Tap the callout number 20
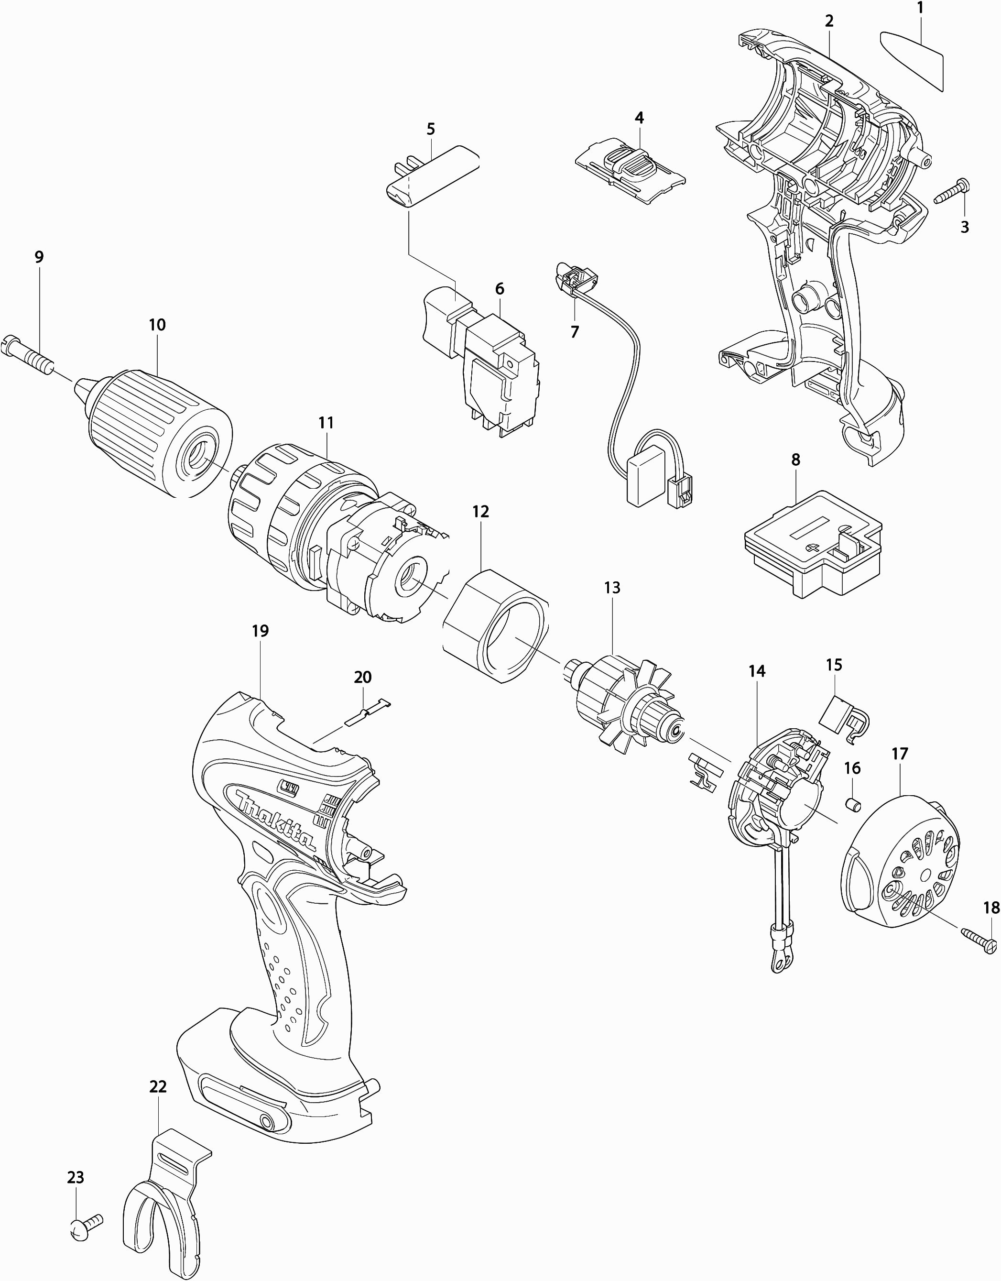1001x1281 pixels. tap(362, 677)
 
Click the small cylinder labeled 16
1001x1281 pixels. tap(853, 804)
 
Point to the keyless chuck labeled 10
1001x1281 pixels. tap(155, 434)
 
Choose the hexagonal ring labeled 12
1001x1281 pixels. tap(496, 626)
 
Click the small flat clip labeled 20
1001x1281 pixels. tap(366, 714)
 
